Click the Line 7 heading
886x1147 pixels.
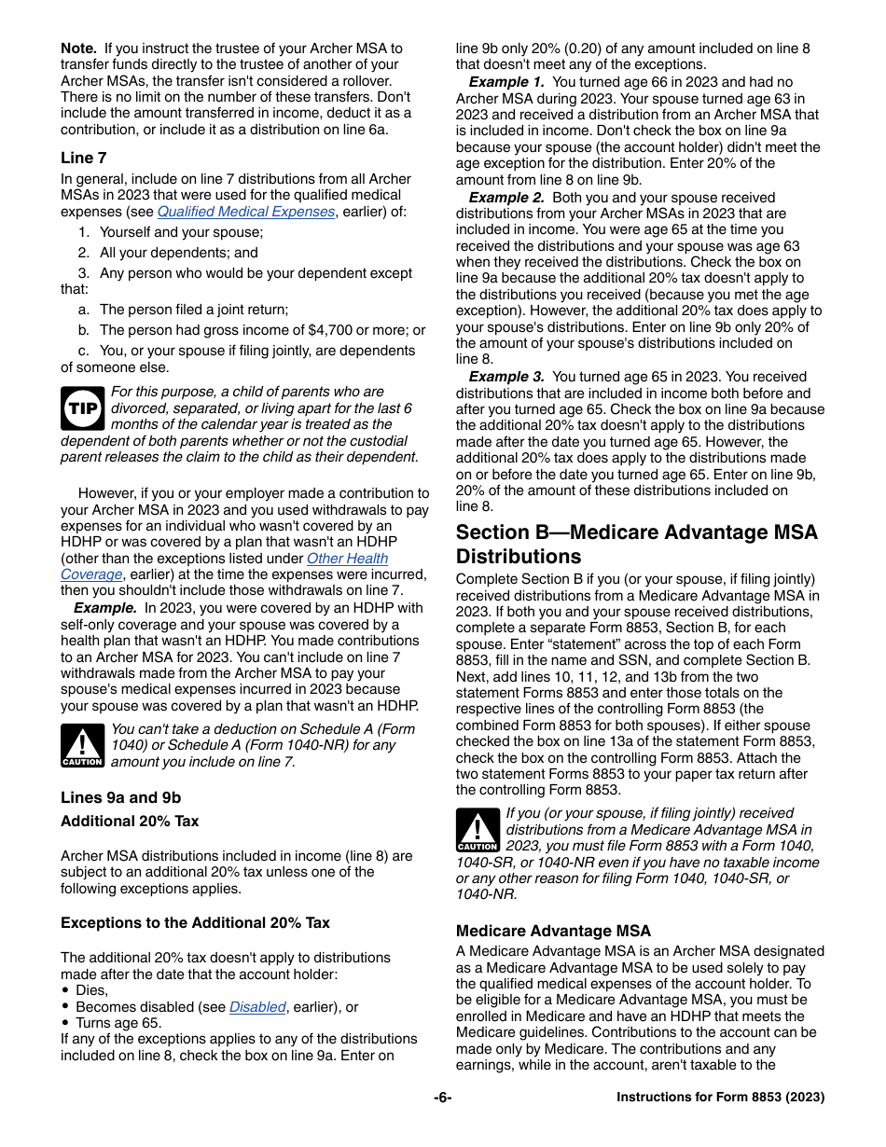(x=83, y=158)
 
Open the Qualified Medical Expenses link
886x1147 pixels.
(x=245, y=212)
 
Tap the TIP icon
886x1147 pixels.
(x=83, y=408)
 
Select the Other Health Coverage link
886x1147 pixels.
(x=346, y=559)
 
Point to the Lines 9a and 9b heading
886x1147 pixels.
(x=120, y=797)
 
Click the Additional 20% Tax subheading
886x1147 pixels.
(x=130, y=822)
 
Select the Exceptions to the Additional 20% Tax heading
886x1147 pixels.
(x=195, y=923)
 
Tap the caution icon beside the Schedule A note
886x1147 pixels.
(x=82, y=745)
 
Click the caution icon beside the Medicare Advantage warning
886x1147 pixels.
(x=478, y=830)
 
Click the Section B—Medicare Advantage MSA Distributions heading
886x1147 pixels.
(x=636, y=545)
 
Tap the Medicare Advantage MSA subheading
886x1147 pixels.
(x=553, y=931)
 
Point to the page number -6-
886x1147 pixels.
(x=442, y=1098)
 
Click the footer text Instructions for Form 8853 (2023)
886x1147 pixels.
(x=720, y=1098)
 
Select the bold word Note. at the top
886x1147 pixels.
(x=79, y=48)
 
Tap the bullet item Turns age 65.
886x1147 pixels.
(x=118, y=1023)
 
